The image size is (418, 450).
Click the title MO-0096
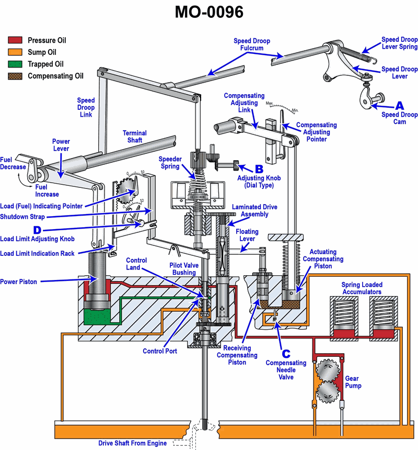pos(209,13)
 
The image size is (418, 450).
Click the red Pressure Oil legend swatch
pos(15,40)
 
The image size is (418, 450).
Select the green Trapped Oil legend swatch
pos(15,64)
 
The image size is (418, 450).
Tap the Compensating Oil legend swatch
pos(15,76)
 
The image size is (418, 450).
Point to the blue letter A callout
pos(399,105)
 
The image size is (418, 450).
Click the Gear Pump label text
pos(353,382)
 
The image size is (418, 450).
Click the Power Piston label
pos(19,282)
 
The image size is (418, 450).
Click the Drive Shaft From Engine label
pos(133,443)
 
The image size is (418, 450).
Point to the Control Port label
pos(160,351)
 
